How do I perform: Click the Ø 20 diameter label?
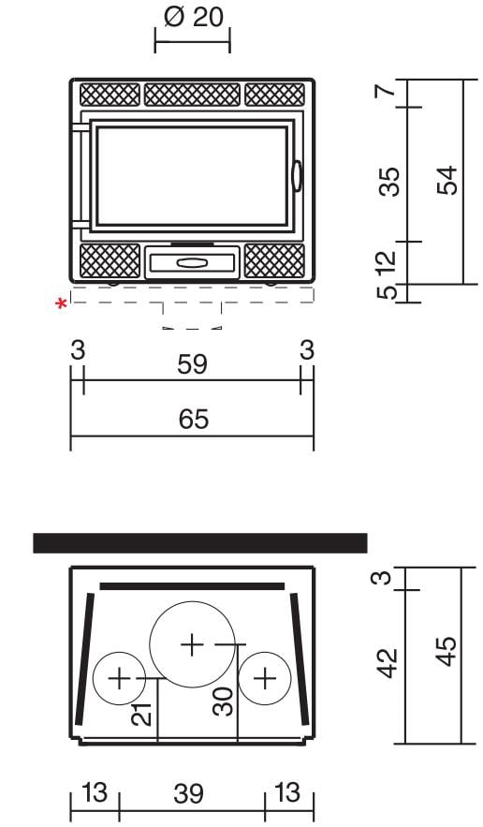(x=193, y=17)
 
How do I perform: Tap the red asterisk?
(x=62, y=304)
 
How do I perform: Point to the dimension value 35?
(x=389, y=182)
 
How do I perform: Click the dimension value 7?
(x=386, y=90)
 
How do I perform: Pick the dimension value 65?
(x=194, y=420)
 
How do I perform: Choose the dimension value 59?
(x=193, y=364)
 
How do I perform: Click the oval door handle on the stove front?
(x=297, y=176)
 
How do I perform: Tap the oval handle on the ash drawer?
(x=192, y=262)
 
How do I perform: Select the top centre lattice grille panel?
(x=192, y=95)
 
